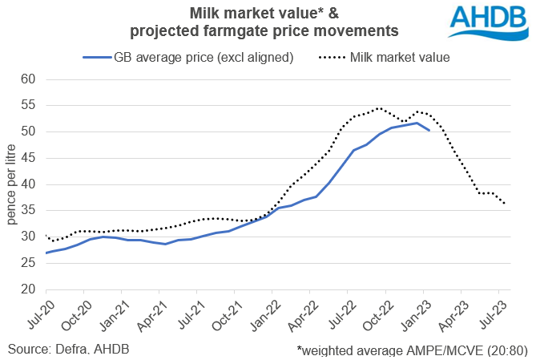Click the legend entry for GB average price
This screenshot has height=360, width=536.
[x=187, y=57]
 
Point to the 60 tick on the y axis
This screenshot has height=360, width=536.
[x=29, y=79]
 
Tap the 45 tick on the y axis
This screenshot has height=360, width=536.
[x=29, y=158]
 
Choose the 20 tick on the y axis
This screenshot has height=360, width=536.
[x=29, y=289]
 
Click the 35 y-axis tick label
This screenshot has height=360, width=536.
[x=29, y=210]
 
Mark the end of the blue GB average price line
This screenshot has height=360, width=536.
[x=429, y=130]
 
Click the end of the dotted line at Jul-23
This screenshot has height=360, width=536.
[x=505, y=204]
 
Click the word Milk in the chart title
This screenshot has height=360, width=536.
[x=205, y=14]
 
